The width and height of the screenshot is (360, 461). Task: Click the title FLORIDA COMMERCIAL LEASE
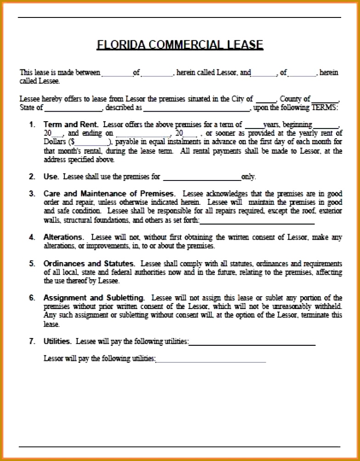pos(180,45)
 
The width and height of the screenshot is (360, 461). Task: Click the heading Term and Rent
pos(71,124)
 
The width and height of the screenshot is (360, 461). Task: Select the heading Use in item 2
pos(51,176)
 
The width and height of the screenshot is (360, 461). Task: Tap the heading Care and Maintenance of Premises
pos(109,193)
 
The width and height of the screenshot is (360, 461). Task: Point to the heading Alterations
pos(64,237)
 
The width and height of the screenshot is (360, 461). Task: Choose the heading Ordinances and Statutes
pos(89,264)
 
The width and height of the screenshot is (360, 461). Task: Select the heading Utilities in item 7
pos(57,341)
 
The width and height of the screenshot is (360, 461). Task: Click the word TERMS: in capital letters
pos(325,107)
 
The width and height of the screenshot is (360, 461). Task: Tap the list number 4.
pos(32,237)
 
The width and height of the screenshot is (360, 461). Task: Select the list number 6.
pos(32,298)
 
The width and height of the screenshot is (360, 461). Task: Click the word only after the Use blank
pos(248,177)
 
